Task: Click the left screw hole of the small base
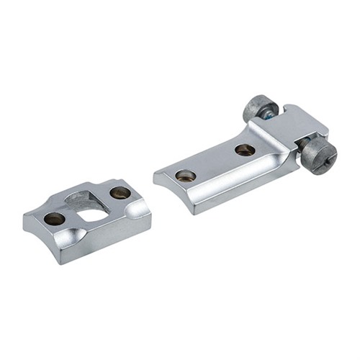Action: [53, 218]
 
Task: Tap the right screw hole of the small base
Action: [120, 193]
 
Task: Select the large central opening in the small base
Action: [91, 208]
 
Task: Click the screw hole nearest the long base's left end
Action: [186, 176]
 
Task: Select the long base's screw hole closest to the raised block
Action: [244, 150]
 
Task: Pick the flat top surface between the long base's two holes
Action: [216, 162]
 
